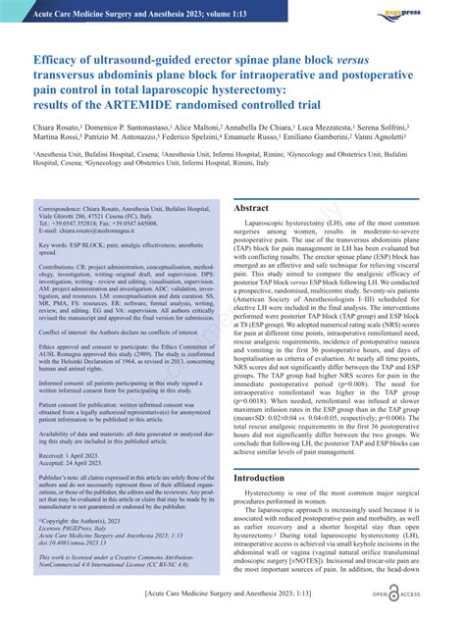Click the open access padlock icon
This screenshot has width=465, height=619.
pyautogui.click(x=394, y=594)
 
